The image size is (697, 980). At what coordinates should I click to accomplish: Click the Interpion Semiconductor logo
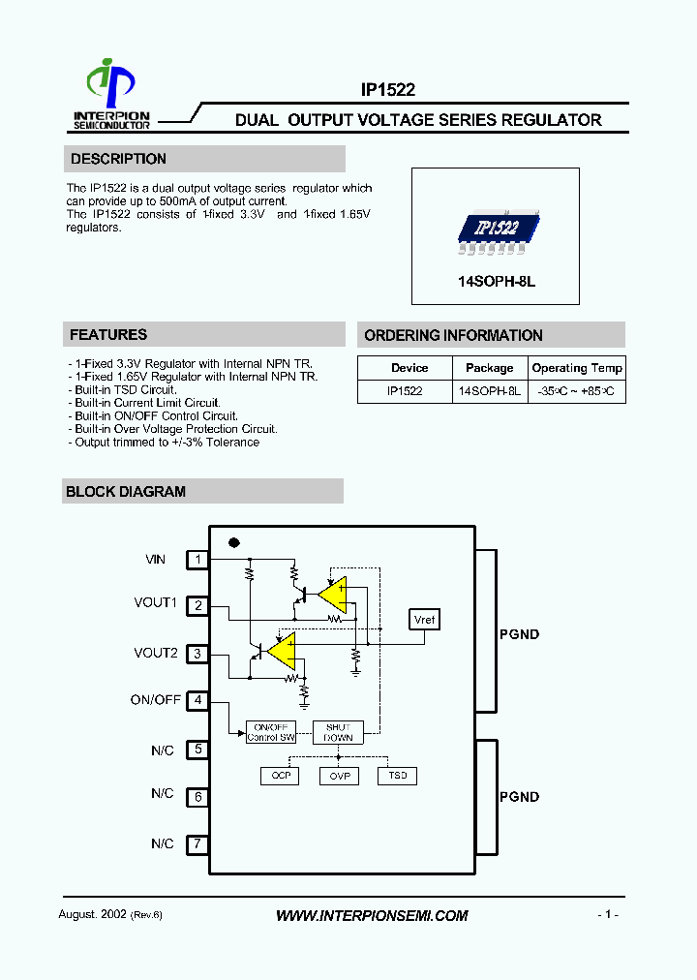click(112, 94)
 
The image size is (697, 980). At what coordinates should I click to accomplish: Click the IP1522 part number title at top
click(388, 90)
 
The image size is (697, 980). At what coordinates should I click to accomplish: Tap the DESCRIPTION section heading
click(118, 159)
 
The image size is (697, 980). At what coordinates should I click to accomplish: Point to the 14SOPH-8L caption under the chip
click(496, 282)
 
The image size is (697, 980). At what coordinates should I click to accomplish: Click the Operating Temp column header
click(577, 368)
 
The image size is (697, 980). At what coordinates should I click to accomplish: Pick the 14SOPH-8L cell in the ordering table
click(490, 391)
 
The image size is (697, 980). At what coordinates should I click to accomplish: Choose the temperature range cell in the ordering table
click(577, 391)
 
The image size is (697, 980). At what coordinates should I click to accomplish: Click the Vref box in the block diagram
click(425, 620)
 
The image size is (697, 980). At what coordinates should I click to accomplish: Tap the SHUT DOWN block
click(338, 732)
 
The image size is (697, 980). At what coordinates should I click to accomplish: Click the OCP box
click(281, 776)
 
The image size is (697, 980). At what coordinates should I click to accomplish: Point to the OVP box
click(339, 776)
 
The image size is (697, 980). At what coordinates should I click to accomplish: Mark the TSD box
click(397, 776)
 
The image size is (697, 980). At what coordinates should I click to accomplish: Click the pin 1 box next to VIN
click(197, 559)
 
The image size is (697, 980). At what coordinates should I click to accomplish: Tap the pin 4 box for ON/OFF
click(197, 700)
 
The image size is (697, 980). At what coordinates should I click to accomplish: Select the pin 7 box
click(197, 843)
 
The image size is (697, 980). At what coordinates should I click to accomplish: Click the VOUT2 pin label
click(156, 654)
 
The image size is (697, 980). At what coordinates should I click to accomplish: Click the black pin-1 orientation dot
click(233, 542)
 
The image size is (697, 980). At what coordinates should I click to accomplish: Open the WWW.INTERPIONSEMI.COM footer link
click(372, 915)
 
